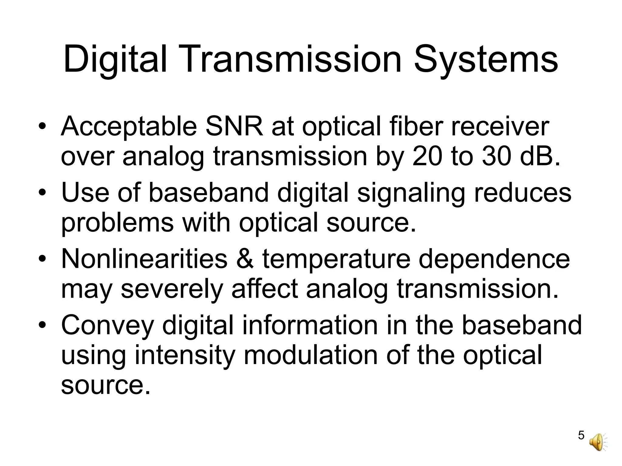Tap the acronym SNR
[234, 127]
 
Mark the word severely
[172, 291]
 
